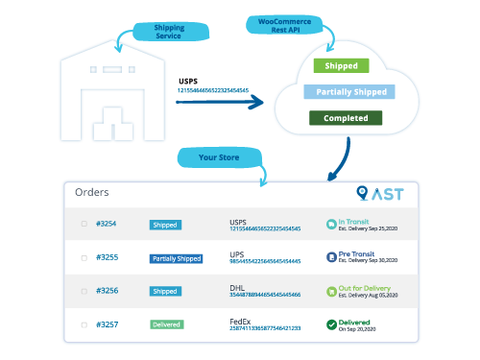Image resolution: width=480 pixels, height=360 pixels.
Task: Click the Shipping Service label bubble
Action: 170,32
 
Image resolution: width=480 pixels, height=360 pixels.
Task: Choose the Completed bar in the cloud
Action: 345,118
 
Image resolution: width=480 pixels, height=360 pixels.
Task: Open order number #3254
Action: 106,225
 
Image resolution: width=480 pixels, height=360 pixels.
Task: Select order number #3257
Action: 106,324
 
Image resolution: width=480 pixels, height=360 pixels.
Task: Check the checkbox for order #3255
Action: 84,258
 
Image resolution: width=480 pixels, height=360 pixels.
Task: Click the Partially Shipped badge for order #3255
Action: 176,258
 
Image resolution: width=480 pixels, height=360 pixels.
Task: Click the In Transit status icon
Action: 330,224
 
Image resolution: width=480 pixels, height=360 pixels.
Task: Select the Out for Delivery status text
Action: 366,287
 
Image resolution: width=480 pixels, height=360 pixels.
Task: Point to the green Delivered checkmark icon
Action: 330,324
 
